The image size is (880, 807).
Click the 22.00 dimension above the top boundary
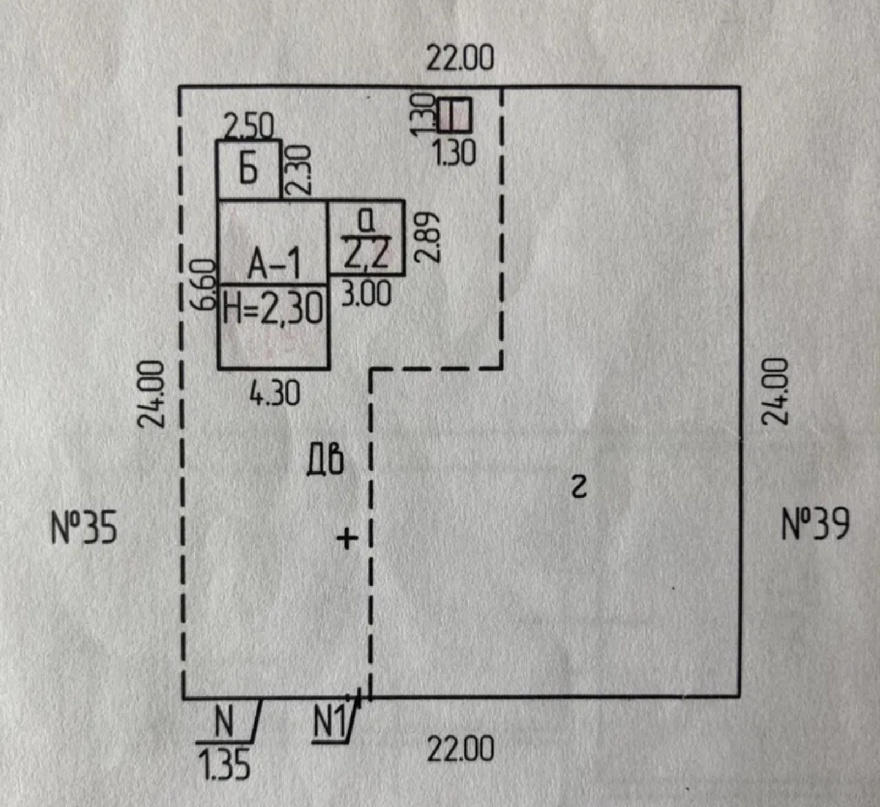click(x=460, y=58)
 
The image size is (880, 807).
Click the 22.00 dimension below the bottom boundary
click(x=460, y=749)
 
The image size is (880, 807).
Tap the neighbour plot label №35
click(x=84, y=528)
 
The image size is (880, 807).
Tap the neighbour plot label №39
click(x=815, y=524)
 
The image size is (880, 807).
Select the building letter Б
click(x=249, y=169)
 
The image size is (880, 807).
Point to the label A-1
click(x=274, y=264)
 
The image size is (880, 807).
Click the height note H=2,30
click(x=273, y=308)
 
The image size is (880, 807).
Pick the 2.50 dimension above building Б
click(x=249, y=126)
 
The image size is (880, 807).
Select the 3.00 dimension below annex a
click(x=366, y=294)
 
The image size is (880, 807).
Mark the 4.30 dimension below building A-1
click(x=274, y=394)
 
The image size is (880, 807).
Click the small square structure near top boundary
click(x=455, y=115)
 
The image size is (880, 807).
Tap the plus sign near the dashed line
click(x=347, y=538)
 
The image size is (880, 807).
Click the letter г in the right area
click(x=579, y=487)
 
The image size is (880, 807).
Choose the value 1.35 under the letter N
click(x=224, y=765)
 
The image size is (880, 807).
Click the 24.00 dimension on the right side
click(x=774, y=391)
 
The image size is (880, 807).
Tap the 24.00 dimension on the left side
click(x=151, y=394)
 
